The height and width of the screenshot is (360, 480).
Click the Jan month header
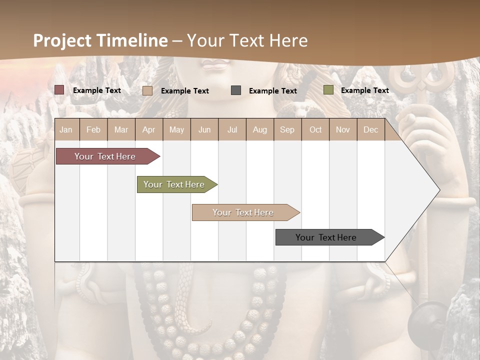pos(66,129)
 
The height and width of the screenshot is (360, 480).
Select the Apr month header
pos(149,129)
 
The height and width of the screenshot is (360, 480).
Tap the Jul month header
pos(232,129)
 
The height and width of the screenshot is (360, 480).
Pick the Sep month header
pos(287,129)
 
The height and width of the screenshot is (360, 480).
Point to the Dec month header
pos(370,129)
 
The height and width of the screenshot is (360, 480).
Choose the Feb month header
pos(93,129)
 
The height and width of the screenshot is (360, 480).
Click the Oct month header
pos(315,129)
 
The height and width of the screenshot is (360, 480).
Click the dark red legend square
pos(59,90)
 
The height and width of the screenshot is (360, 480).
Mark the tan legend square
pos(147,90)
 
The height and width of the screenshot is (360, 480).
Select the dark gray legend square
pos(236,90)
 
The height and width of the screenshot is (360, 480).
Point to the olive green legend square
pos(328,90)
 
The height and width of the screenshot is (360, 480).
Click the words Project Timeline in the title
pos(100,40)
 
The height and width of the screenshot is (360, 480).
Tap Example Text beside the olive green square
pos(364,90)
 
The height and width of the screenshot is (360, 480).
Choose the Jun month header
pos(204,129)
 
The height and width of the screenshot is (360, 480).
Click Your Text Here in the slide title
pos(247,40)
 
